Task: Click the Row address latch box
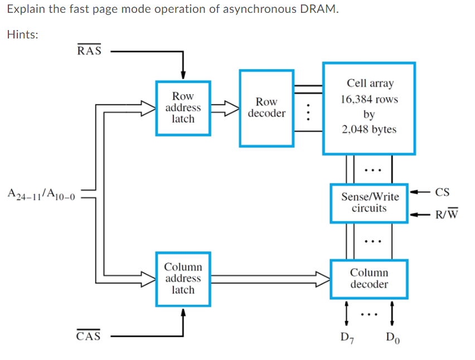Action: [183, 108]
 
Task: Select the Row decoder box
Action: [266, 108]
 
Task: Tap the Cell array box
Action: [369, 108]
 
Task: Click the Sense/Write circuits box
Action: [369, 203]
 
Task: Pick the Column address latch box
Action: [183, 279]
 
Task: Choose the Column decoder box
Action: [369, 279]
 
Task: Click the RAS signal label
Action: [89, 51]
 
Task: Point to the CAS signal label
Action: [89, 336]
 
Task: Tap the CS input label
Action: [441, 193]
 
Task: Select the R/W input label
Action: [446, 215]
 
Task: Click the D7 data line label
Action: [346, 337]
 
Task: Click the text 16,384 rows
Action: [369, 99]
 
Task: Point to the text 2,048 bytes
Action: [369, 129]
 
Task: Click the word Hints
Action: [22, 35]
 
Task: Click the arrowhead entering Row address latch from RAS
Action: [183, 76]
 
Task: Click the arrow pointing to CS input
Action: [421, 193]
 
